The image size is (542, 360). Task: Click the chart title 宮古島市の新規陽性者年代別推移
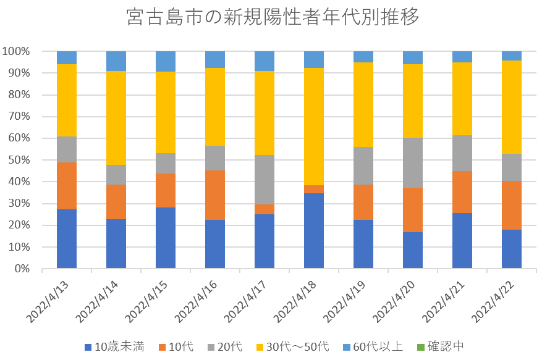click(x=273, y=17)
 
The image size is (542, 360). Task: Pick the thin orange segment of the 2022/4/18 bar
click(x=314, y=189)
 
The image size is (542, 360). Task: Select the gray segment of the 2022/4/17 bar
click(x=265, y=180)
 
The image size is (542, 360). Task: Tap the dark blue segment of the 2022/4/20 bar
click(x=413, y=250)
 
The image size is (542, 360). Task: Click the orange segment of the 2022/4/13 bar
click(x=67, y=186)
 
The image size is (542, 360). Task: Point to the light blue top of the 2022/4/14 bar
click(x=116, y=61)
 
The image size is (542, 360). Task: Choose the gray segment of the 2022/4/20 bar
click(x=413, y=162)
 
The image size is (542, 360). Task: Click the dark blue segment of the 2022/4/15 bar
click(x=166, y=238)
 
